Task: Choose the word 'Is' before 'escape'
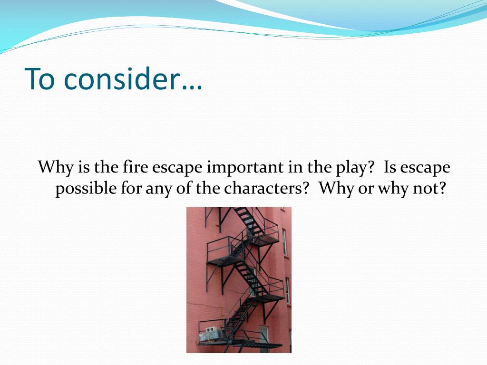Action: click(390, 167)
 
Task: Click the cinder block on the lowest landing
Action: click(210, 334)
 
